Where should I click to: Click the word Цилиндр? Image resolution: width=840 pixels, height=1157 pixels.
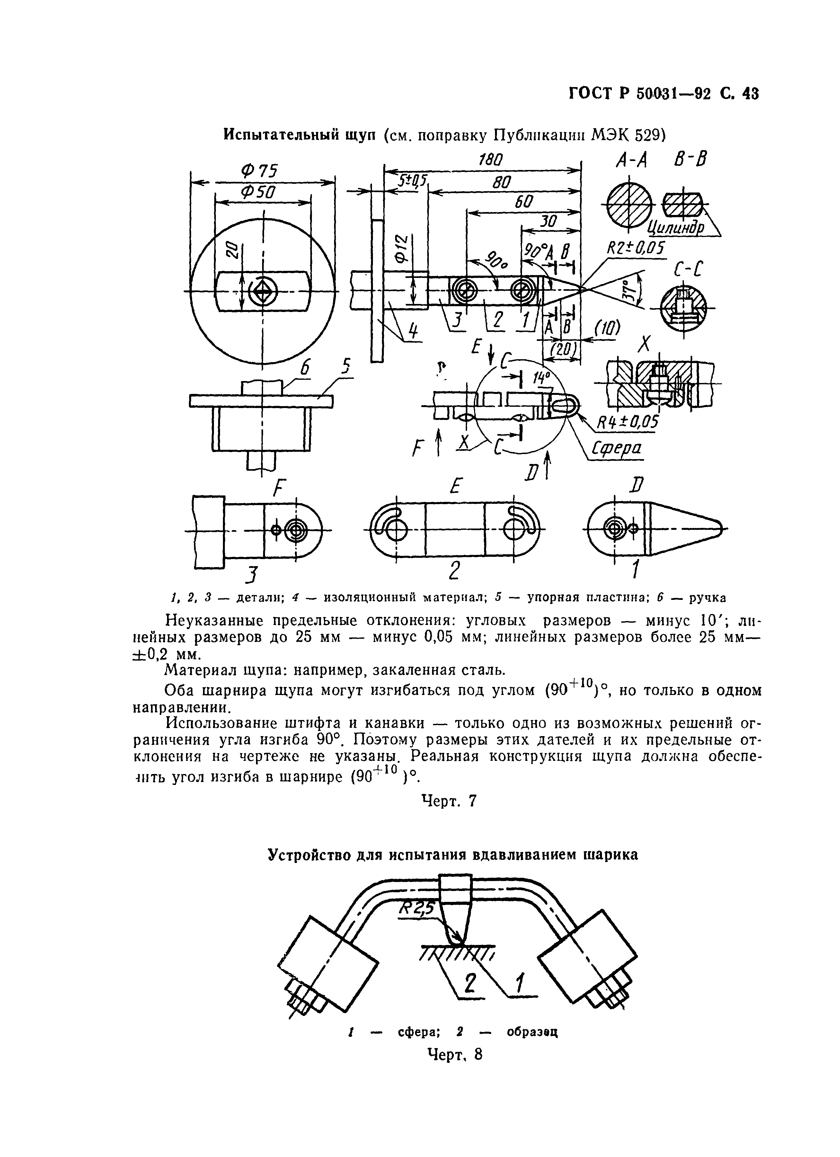pos(676,226)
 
